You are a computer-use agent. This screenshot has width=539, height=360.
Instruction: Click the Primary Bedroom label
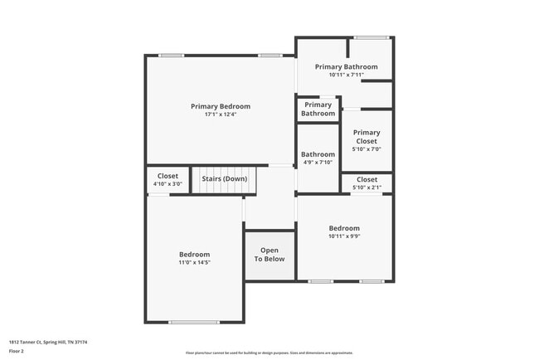[x=221, y=106]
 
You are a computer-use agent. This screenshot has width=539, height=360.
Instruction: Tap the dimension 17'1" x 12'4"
[x=221, y=114]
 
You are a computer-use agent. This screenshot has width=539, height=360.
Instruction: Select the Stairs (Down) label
[x=224, y=178]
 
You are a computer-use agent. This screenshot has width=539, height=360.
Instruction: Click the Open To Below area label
[x=269, y=255]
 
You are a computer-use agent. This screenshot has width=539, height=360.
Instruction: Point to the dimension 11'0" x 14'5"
[x=195, y=262]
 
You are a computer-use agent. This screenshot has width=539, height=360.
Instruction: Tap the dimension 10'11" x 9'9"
[x=344, y=236]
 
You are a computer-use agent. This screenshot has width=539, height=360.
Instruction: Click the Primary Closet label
[x=367, y=137]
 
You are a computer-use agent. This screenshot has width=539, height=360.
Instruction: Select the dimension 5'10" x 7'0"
[x=367, y=149]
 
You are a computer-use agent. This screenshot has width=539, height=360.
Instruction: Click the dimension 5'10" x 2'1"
[x=367, y=187]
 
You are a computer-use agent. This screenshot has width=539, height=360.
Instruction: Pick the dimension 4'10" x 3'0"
[x=168, y=183]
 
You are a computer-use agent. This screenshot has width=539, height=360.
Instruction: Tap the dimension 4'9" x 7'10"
[x=318, y=163]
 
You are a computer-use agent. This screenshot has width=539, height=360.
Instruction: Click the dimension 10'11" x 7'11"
[x=346, y=75]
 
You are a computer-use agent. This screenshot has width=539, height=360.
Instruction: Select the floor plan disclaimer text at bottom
[x=269, y=353]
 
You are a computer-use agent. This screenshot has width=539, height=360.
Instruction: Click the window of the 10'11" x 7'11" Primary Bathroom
[x=371, y=37]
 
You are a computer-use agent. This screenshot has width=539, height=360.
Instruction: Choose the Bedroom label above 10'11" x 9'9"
[x=344, y=228]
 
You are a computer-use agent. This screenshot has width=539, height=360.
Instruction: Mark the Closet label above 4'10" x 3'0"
[x=168, y=176]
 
